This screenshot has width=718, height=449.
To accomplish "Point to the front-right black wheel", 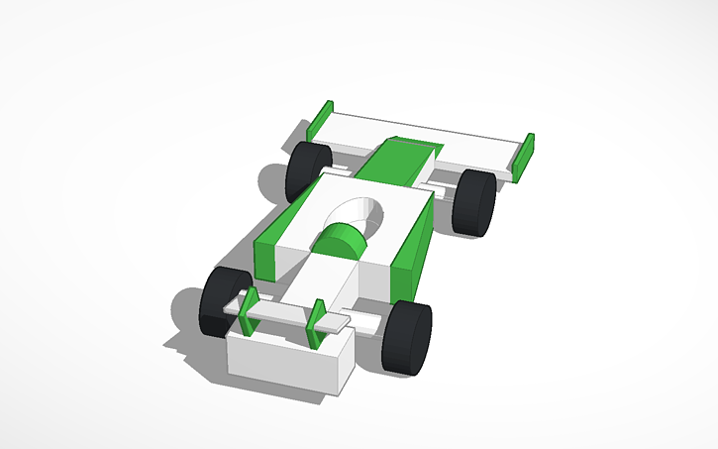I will pyautogui.click(x=409, y=338).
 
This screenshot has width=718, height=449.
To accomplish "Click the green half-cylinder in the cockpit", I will pyautogui.click(x=341, y=242).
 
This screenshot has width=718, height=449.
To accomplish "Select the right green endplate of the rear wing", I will pyautogui.click(x=527, y=157).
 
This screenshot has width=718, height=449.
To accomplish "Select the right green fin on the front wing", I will pyautogui.click(x=317, y=323).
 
